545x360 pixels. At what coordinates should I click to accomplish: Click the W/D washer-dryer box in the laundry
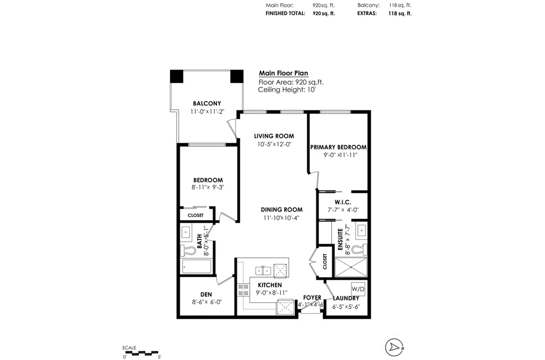[x=358, y=289]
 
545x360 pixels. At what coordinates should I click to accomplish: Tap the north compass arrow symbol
[x=394, y=347]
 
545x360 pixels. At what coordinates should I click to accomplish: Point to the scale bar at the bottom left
[x=141, y=352]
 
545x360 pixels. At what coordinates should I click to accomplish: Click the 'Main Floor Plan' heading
[x=284, y=73]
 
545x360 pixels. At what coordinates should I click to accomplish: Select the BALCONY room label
[x=207, y=103]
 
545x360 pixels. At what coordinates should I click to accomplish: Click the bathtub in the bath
[x=196, y=266]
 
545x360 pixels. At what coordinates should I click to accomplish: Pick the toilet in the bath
[x=188, y=249]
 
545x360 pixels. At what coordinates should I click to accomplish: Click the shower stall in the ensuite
[x=351, y=267]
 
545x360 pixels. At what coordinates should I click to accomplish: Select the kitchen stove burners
[x=243, y=290]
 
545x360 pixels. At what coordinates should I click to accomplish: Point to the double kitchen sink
[x=263, y=270]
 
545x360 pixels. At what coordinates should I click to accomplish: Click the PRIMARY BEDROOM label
[x=338, y=147]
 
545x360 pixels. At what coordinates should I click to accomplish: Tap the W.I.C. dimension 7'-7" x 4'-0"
[x=343, y=210]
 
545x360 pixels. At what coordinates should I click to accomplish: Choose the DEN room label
[x=206, y=295]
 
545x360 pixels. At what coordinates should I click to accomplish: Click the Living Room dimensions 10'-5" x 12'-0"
[x=274, y=144]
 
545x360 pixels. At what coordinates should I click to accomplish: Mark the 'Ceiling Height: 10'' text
[x=287, y=90]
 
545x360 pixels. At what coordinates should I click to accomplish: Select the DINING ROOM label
[x=281, y=209]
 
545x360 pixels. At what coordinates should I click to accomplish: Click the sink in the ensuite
[x=362, y=230]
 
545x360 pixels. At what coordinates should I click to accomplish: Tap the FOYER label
[x=312, y=298]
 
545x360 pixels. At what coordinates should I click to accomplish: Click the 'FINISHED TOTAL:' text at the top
[x=285, y=13]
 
